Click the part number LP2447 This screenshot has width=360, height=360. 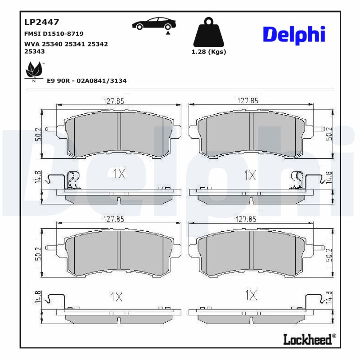pos(41,22)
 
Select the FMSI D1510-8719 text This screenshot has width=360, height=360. pos(53,34)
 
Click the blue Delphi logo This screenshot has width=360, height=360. pos(293,35)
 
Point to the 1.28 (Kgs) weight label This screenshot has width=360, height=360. pos(209,52)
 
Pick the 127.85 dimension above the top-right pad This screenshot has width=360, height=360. pos(248,101)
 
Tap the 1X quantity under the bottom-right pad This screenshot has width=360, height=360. pos(251,296)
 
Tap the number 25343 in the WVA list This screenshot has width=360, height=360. pos(34,51)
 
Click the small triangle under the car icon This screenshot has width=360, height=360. pos(168,33)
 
